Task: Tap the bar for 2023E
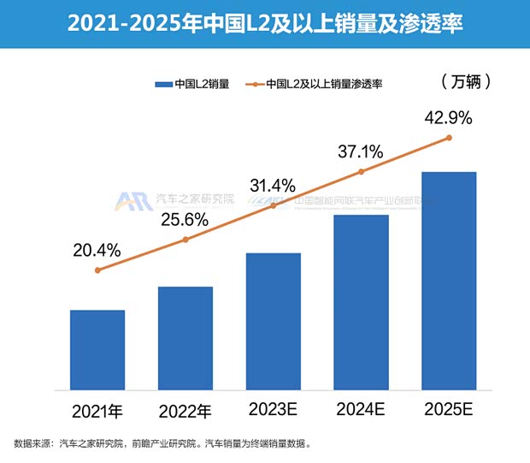(x=274, y=321)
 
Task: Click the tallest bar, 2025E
(x=449, y=281)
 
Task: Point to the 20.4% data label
(x=97, y=251)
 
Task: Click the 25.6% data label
(x=185, y=220)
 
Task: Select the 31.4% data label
(x=273, y=186)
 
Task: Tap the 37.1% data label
(x=360, y=151)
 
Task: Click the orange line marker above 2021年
(x=97, y=270)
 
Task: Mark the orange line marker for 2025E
(x=449, y=137)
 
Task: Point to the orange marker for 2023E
(x=274, y=205)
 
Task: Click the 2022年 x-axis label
(x=185, y=410)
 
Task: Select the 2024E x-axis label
(x=361, y=409)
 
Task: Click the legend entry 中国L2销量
(x=192, y=84)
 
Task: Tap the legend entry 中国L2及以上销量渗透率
(x=315, y=84)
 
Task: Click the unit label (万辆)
(x=467, y=82)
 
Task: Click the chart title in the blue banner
(x=265, y=23)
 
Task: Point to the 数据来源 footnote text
(x=162, y=443)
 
